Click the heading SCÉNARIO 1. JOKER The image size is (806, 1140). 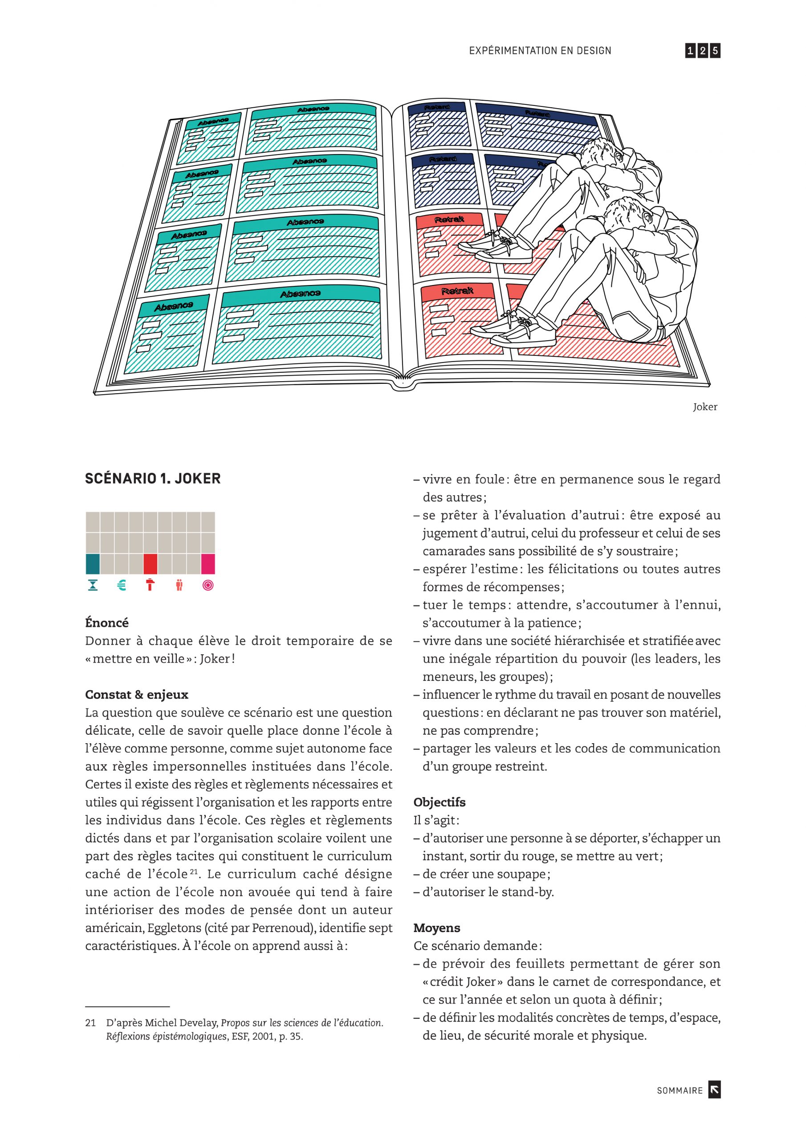point(152,479)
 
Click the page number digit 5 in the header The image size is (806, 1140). point(715,51)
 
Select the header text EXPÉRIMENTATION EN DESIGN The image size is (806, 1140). point(540,51)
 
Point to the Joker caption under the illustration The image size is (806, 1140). point(704,407)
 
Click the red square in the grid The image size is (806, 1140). point(151,564)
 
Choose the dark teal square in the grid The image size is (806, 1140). point(93,564)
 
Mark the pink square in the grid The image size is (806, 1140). point(208,564)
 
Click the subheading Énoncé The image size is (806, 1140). point(107,623)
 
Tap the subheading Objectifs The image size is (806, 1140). point(440,802)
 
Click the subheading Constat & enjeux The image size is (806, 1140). point(137,694)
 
